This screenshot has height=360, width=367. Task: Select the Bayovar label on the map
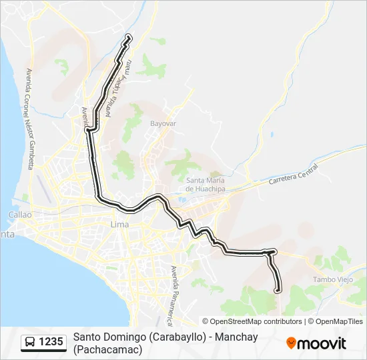163,124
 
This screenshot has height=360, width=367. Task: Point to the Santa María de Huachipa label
206,185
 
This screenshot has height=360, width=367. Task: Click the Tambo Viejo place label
332,279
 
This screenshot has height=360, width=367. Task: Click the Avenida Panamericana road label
175,293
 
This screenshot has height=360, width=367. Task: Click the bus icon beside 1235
31,343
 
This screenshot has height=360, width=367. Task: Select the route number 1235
51,343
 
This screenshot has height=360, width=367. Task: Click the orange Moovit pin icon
291,343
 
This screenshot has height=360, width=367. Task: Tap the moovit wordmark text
322,343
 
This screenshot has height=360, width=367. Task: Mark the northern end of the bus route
127,37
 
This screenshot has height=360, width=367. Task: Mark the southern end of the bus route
278,289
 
